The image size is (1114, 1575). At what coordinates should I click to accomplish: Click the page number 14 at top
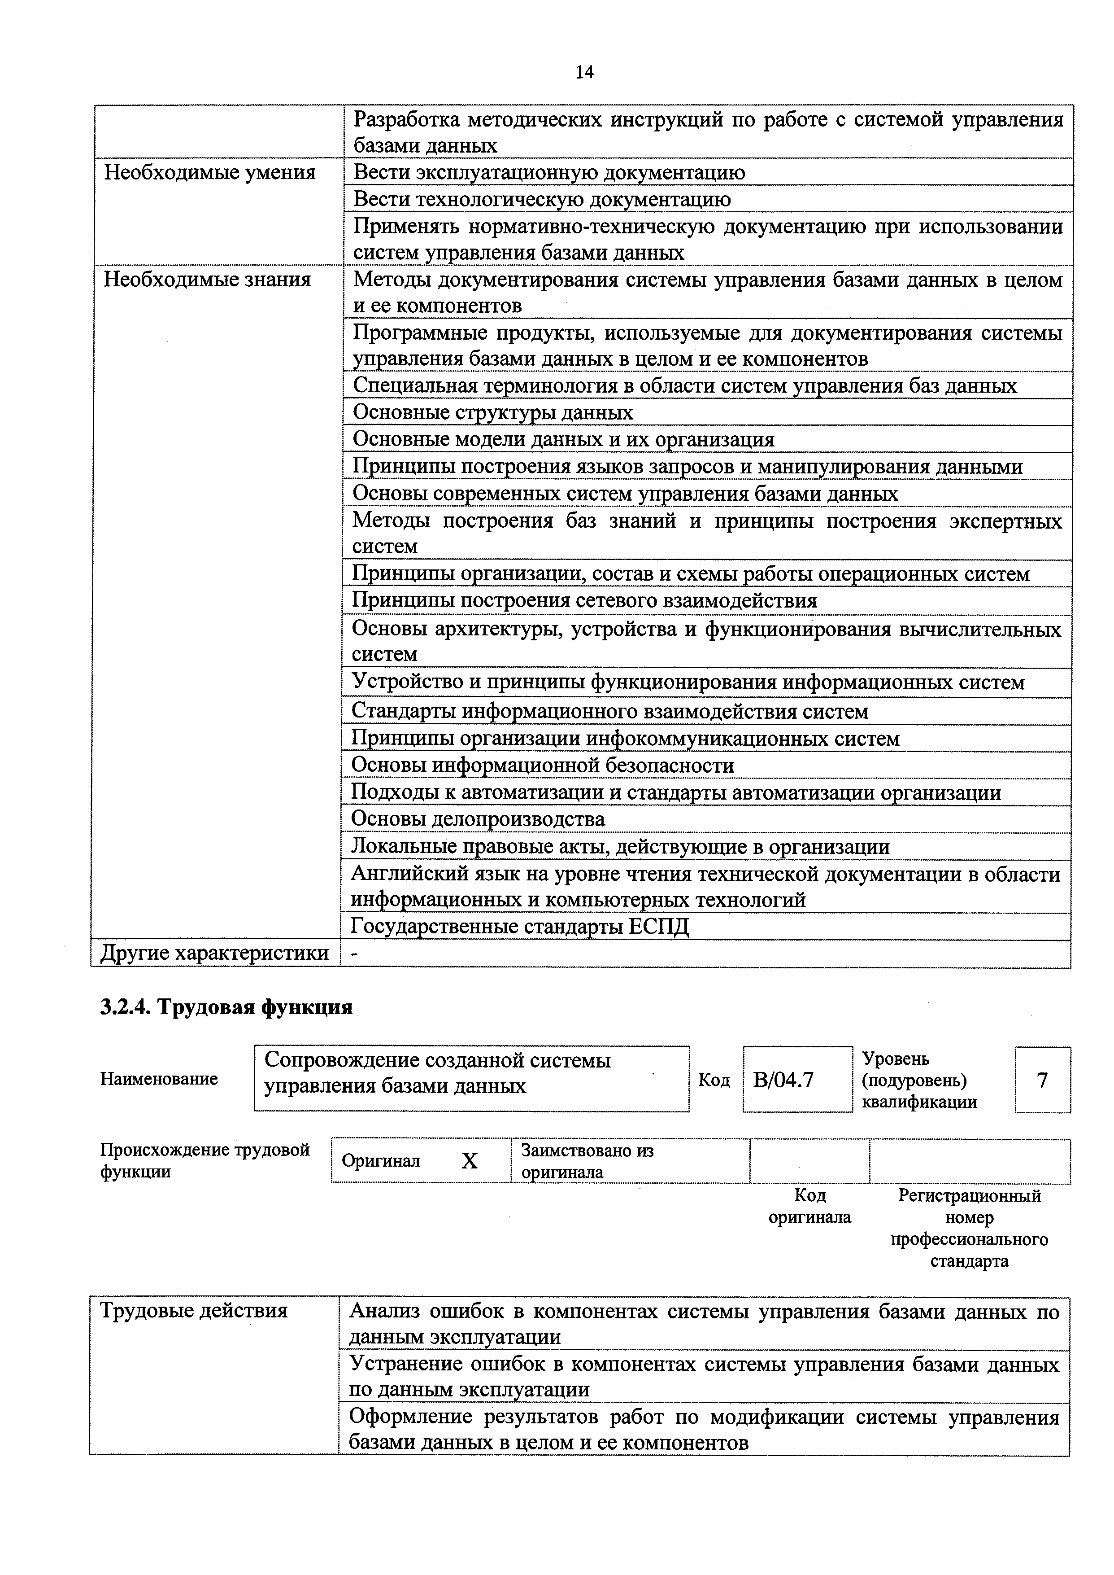point(584,72)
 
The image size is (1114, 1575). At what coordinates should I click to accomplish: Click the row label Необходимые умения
point(210,172)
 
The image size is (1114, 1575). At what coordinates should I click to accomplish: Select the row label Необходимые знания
point(207,279)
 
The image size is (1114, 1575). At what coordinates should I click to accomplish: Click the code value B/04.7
point(783,1080)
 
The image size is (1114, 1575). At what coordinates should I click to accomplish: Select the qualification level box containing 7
point(1042,1080)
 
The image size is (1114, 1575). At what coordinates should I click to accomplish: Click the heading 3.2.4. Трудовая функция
point(226,1007)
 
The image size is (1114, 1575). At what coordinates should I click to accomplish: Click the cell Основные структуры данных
point(492,412)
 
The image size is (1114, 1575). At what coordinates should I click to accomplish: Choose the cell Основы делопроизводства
point(478,819)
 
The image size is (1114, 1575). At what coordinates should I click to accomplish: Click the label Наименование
point(159,1079)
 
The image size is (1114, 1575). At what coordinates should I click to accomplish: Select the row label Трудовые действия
point(194,1311)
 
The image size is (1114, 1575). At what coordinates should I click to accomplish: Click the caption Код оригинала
point(809,1207)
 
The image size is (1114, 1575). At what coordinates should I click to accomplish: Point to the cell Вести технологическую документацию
point(542,199)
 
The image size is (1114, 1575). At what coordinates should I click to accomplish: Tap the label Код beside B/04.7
point(714,1080)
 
